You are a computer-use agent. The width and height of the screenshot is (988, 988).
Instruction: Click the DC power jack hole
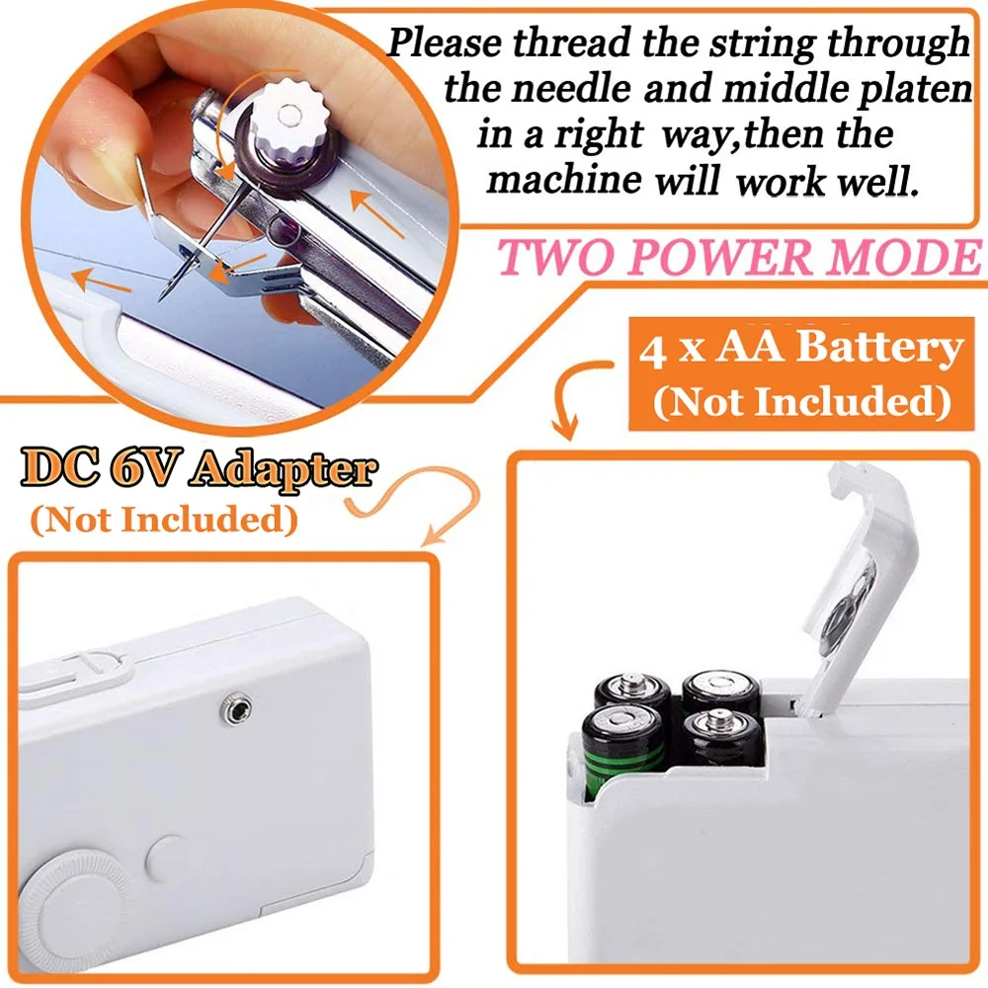coord(235,705)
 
